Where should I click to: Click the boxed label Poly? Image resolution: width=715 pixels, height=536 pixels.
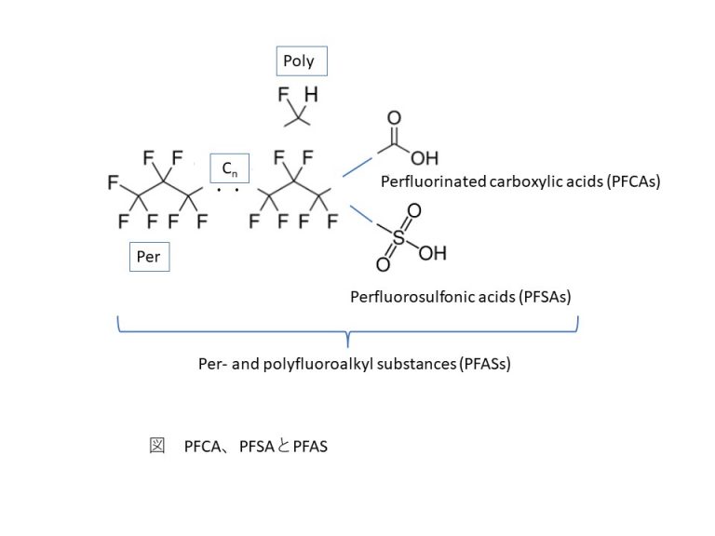pyautogui.click(x=299, y=62)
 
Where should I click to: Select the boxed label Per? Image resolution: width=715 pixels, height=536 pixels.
pyautogui.click(x=149, y=257)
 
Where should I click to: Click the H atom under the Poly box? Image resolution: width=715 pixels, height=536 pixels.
pyautogui.click(x=311, y=95)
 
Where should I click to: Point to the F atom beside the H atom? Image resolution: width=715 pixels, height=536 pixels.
pyautogui.click(x=286, y=95)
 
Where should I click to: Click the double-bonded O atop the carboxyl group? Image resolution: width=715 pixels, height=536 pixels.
pyautogui.click(x=394, y=119)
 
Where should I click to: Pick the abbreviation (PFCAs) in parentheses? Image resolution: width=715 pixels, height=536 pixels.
pyautogui.click(x=632, y=181)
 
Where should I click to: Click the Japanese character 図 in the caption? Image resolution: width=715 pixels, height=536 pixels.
pyautogui.click(x=156, y=447)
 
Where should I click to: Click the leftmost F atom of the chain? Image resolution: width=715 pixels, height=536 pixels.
pyautogui.click(x=113, y=183)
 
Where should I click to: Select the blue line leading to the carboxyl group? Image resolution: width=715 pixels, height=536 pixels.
pyautogui.click(x=355, y=167)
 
